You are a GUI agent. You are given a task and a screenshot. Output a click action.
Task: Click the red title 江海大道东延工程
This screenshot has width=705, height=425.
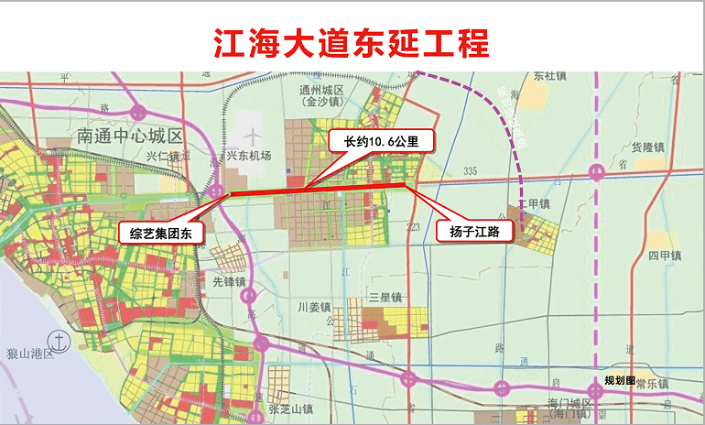tap(352, 42)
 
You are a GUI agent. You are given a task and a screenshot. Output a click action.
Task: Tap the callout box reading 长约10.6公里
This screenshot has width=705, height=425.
tap(381, 142)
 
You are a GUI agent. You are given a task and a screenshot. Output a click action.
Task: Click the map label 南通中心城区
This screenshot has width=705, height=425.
tap(130, 136)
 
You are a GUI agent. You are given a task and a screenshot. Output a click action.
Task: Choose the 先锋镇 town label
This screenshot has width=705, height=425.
tap(230, 281)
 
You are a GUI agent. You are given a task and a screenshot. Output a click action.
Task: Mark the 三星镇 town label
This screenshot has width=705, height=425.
tap(385, 297)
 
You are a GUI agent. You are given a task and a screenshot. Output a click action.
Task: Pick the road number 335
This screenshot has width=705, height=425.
tap(472, 171)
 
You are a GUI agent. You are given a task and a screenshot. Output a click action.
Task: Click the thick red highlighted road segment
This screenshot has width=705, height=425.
tap(316, 190)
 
